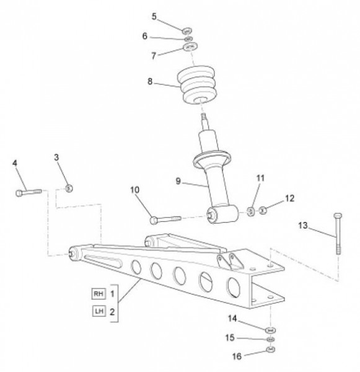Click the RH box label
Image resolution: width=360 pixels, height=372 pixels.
99,294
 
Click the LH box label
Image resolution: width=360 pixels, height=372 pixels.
99,311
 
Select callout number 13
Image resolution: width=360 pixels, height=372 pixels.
303,226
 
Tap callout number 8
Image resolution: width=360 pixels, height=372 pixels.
150,81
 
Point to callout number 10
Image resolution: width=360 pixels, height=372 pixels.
134,190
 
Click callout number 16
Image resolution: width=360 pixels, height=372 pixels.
237,356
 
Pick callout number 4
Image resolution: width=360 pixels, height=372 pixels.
15,163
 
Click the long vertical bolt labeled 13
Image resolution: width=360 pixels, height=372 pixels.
338,234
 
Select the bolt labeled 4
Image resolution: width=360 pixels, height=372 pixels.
29,192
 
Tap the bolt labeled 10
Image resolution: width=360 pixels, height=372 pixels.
165,219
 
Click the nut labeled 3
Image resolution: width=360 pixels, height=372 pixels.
69,188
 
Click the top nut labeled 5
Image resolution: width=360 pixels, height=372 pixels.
187,31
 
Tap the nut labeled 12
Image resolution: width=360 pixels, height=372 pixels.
263,210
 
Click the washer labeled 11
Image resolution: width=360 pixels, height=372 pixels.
251,211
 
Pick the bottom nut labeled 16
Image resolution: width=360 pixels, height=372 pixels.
270,349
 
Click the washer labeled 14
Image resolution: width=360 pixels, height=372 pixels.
270,330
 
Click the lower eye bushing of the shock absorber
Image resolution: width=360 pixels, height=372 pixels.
222,214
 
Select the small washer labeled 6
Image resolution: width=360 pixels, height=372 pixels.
188,38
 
